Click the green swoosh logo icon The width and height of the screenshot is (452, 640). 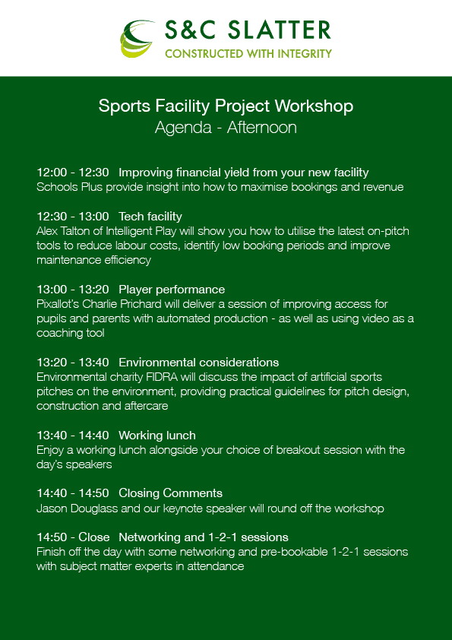coord(137,38)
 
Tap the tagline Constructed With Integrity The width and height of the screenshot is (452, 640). coord(248,53)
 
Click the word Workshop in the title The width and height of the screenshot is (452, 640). coord(314,106)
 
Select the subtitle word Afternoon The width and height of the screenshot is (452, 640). coord(261,128)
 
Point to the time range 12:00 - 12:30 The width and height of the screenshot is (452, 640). coord(73,173)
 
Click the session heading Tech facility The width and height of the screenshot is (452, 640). coord(150,217)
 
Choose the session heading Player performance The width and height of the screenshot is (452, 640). coord(172,290)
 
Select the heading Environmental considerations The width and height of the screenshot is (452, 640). coord(199,363)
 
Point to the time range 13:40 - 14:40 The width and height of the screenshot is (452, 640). coord(73,436)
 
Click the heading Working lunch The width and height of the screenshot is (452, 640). coord(157,436)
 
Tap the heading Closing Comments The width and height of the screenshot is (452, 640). coord(170,493)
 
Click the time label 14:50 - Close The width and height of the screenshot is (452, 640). coord(73,537)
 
